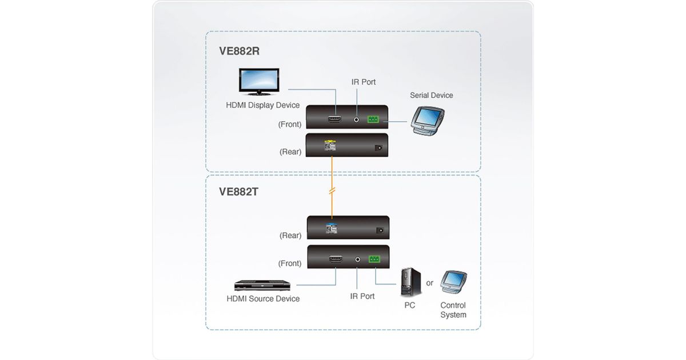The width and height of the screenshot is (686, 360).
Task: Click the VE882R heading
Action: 239,51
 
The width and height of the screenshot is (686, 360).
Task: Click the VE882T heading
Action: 238,191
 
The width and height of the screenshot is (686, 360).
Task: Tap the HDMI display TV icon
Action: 258,82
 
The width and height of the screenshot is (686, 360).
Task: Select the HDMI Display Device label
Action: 263,105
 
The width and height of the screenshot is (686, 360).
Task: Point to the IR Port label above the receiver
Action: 364,82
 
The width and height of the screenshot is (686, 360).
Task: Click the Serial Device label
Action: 431,95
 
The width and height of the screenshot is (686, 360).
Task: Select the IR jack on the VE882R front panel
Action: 357,120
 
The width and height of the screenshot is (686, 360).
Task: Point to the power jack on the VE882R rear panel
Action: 377,148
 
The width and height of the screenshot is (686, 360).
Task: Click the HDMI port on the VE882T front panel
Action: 335,259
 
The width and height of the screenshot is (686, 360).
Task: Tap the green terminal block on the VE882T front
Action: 374,259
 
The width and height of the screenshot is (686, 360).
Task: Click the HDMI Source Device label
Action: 263,299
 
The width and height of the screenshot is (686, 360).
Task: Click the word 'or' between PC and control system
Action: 430,283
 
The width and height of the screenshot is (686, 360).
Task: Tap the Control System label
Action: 453,310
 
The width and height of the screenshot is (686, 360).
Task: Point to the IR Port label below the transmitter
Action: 362,297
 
